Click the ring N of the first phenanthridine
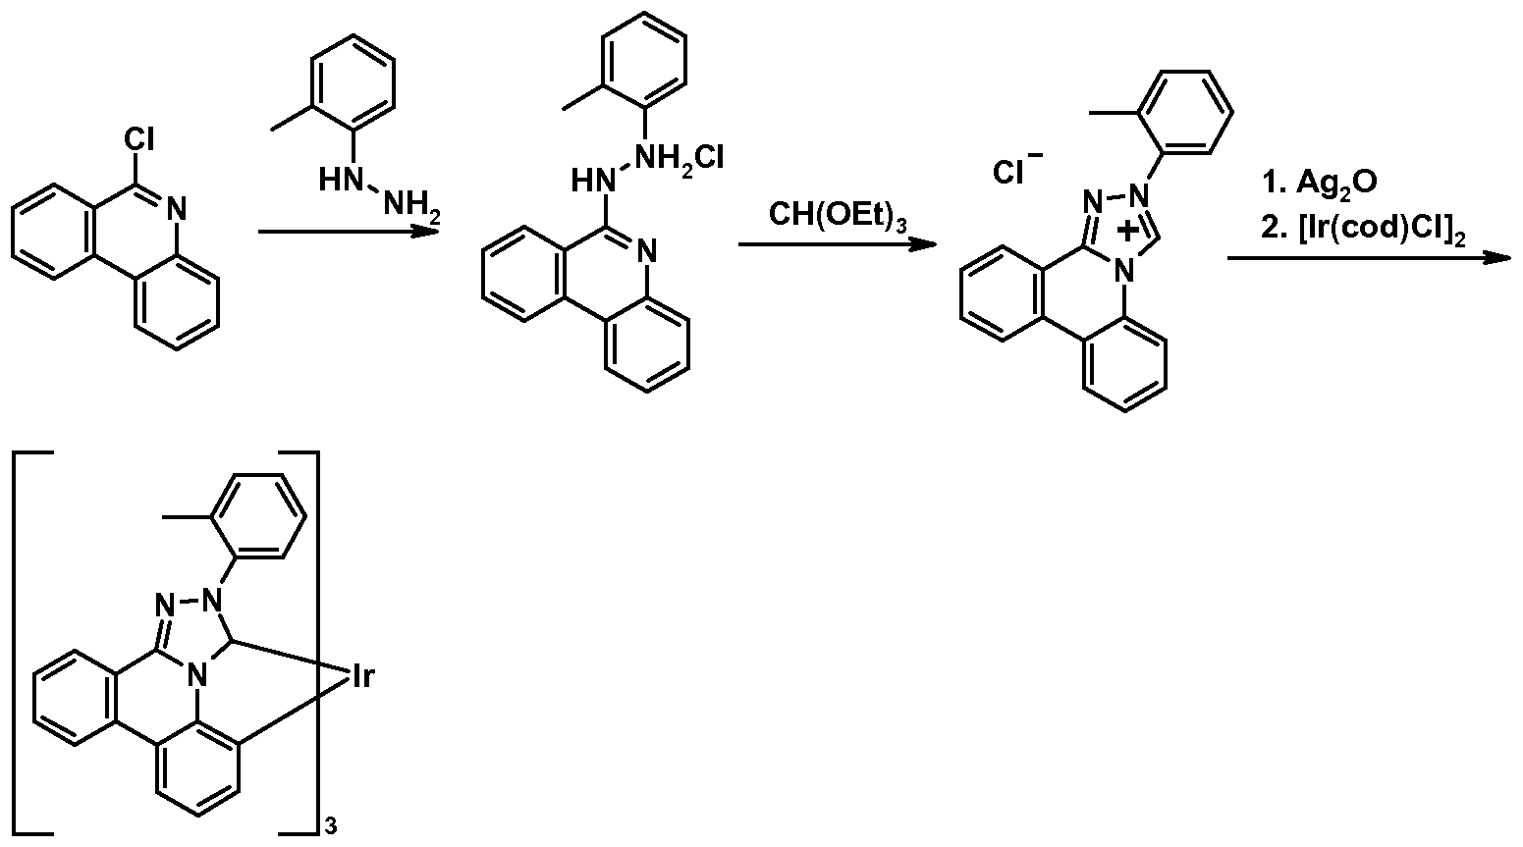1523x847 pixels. click(176, 207)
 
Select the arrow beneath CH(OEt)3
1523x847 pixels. click(837, 243)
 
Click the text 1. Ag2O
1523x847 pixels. click(1312, 183)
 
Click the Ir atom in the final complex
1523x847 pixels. click(360, 676)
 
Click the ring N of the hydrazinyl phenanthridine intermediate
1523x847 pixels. click(644, 254)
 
